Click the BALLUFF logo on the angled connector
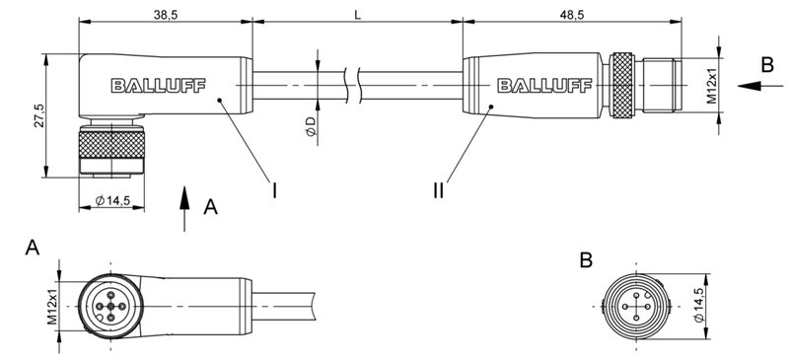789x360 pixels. click(158, 86)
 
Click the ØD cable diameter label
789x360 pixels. click(311, 126)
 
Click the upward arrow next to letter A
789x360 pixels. click(184, 210)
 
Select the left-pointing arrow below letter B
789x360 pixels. click(759, 87)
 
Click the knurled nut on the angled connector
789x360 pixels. click(110, 155)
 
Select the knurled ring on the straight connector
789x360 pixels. click(620, 87)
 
